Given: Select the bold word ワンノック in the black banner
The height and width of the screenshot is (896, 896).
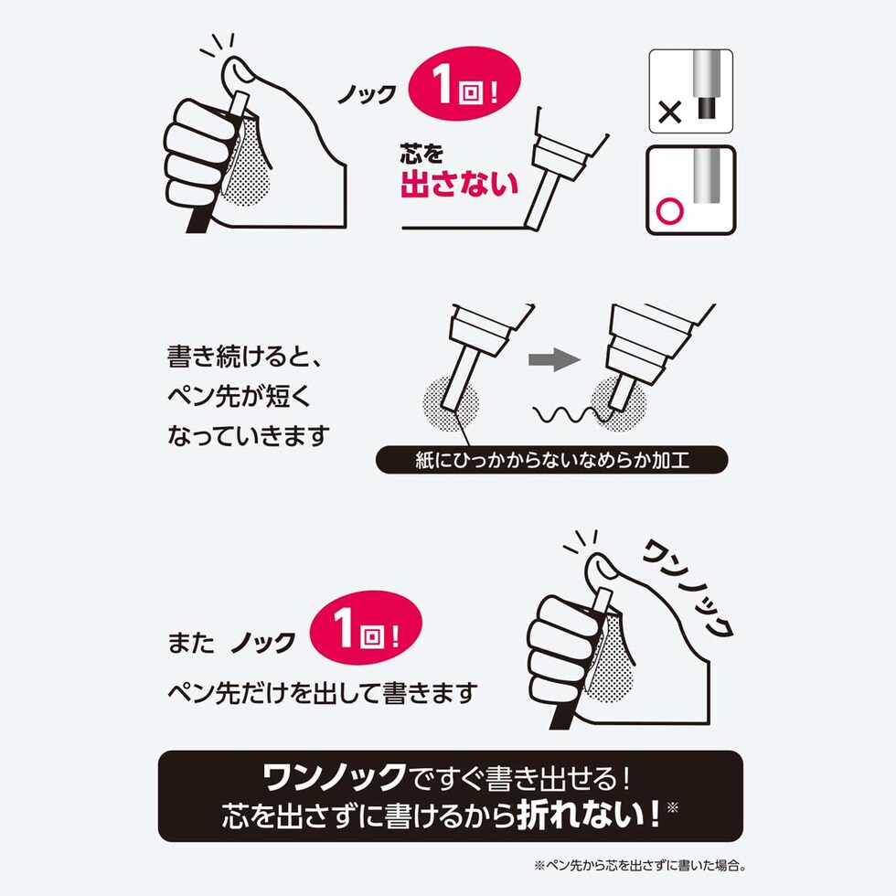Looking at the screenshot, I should pyautogui.click(x=334, y=778).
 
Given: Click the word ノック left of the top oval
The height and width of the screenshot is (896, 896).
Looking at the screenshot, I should pyautogui.click(x=368, y=94).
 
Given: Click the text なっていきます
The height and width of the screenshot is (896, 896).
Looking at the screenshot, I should pyautogui.click(x=247, y=435).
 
